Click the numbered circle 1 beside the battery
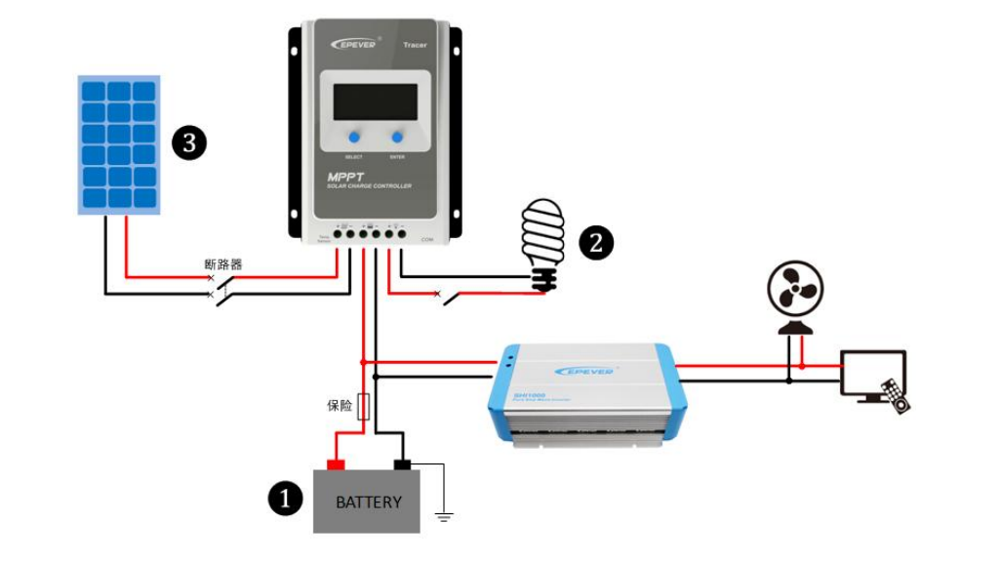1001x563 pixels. pos(285,500)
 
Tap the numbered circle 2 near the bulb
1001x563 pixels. pos(596,243)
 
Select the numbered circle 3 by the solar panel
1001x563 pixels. pos(189,143)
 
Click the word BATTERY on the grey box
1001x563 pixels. pos(368,503)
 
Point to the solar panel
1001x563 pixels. pos(118,144)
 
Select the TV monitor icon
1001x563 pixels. pos(871,372)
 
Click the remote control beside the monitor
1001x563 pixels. pos(896,394)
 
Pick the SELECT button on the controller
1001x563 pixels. pos(352,138)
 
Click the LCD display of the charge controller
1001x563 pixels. pos(375,101)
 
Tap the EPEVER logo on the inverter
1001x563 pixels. pos(583,371)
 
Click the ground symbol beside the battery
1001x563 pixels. pos(444,514)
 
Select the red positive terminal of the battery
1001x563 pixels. pos(336,463)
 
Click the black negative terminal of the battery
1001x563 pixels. pos(401,463)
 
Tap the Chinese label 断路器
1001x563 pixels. pos(223,264)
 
